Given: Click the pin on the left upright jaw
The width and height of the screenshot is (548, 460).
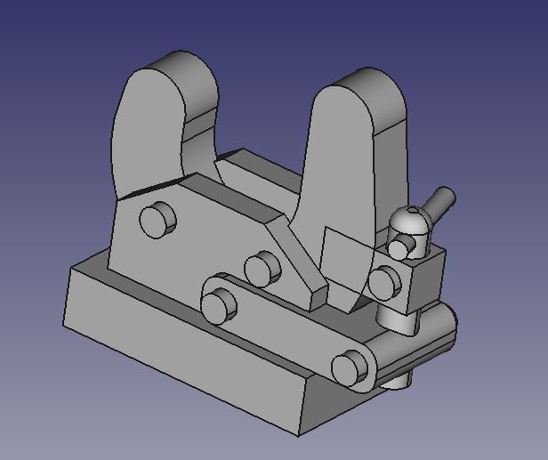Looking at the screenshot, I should pos(157,218).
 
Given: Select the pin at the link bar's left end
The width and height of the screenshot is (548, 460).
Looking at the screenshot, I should pos(219,305).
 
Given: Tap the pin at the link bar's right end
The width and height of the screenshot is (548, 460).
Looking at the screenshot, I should pos(350,366).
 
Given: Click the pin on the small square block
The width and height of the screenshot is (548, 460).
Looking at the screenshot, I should pos(384,282).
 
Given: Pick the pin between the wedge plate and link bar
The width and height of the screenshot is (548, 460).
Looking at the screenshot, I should pos(262,268).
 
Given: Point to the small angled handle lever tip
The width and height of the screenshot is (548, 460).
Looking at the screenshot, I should pos(445,198).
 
